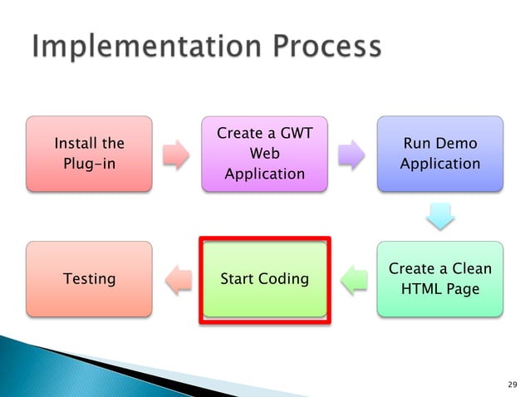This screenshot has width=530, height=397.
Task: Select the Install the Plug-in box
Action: [x=89, y=154]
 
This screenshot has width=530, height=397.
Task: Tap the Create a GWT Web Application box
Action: [x=264, y=154]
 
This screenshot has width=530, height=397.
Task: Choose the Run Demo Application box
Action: [x=439, y=154]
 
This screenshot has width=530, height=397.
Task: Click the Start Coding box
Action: [x=264, y=278]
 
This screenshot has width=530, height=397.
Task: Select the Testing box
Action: [x=89, y=278]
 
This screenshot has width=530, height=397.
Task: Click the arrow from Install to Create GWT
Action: [x=176, y=154]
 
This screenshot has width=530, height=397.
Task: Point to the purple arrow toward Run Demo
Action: [x=352, y=154]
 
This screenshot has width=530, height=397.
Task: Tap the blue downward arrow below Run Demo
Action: [x=439, y=217]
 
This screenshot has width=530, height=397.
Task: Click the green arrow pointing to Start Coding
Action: [x=352, y=279]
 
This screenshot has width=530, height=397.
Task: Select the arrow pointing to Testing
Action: [x=176, y=279]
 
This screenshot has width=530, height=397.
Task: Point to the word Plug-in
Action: [x=89, y=163]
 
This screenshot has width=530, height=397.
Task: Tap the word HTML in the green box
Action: [x=421, y=288]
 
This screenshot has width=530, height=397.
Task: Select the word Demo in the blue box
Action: [x=457, y=144]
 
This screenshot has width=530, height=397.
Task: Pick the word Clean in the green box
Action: [x=469, y=268]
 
